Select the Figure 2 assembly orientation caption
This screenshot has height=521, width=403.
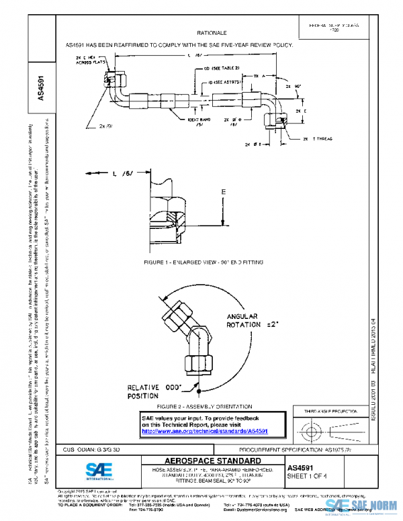coord(204,407)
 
